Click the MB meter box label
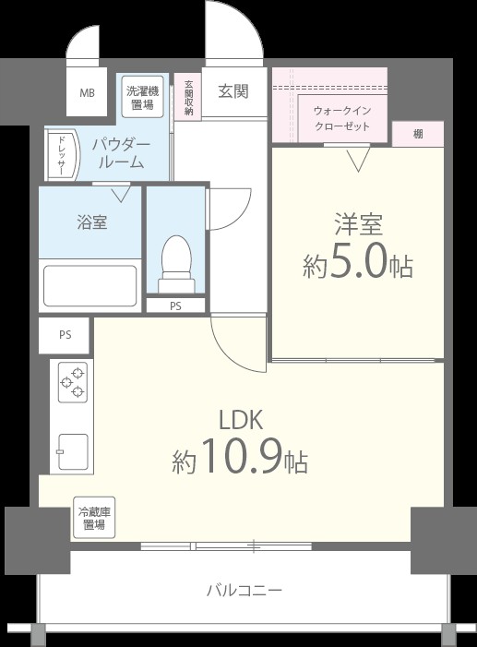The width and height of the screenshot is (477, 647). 88,93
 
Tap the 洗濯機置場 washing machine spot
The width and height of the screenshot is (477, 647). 143,96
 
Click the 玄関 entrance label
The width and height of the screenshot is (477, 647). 233,92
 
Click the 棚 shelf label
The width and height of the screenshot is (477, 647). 418,135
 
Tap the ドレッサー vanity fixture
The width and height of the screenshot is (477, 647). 60,154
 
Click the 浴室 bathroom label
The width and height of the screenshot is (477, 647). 91,222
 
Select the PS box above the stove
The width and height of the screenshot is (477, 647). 65,335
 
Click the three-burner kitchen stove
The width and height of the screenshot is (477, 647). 72,382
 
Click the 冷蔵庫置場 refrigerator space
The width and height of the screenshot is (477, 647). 92,518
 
